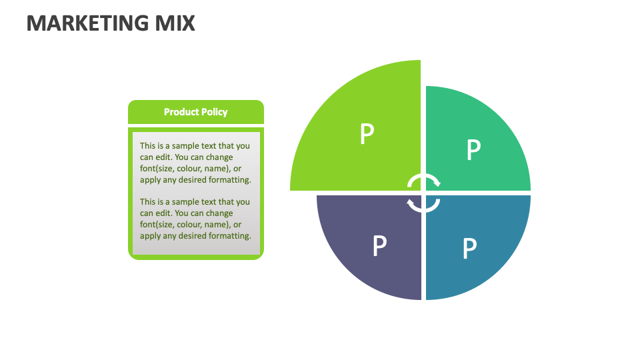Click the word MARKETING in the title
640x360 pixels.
pos(87,23)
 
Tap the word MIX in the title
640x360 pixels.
pos(174,23)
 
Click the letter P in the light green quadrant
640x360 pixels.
pos(366,135)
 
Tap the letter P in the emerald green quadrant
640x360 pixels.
pos(473,150)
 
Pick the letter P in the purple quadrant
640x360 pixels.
pos(379,246)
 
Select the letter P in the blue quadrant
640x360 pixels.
pos(469,249)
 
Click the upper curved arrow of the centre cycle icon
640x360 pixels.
pos(424,179)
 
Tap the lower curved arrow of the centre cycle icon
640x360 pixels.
pos(424,205)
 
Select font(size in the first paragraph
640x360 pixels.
pos(156,169)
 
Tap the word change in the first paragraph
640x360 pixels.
pos(219,157)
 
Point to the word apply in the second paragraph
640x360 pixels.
pos(150,236)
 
